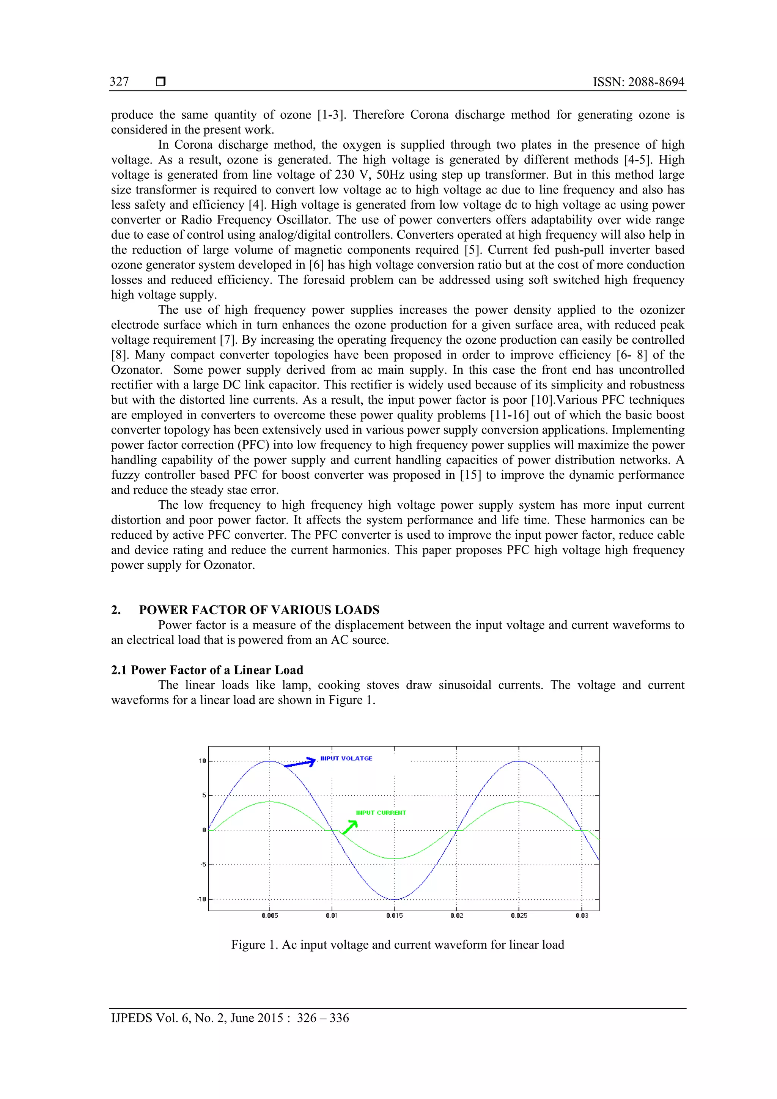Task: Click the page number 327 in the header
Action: pyautogui.click(x=119, y=82)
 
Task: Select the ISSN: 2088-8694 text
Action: pyautogui.click(x=638, y=82)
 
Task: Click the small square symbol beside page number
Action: pyautogui.click(x=161, y=82)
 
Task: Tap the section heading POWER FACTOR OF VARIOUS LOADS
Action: pyautogui.click(x=259, y=610)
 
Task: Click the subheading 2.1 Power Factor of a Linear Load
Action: pyautogui.click(x=207, y=670)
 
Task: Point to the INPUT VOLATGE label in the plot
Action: pyautogui.click(x=346, y=758)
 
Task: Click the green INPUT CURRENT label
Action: pyautogui.click(x=381, y=813)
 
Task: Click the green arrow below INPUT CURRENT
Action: pyautogui.click(x=350, y=827)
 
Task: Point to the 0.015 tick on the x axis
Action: pyautogui.click(x=394, y=915)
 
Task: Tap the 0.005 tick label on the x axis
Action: pyautogui.click(x=269, y=915)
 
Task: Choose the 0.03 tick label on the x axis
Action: pyautogui.click(x=582, y=915)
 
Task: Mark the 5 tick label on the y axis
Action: pyautogui.click(x=204, y=796)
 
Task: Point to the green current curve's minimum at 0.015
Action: pyautogui.click(x=394, y=858)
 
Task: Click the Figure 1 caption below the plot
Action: pyautogui.click(x=397, y=944)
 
